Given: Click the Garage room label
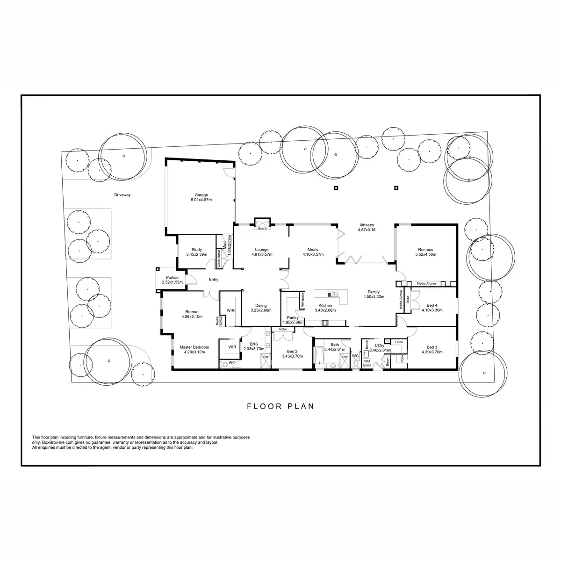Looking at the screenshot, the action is (x=201, y=197).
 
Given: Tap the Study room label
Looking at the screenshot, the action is (x=196, y=252).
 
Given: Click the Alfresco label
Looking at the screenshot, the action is (x=367, y=227).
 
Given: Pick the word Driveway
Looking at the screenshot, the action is (x=122, y=195).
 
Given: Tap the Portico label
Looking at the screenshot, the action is (x=172, y=280).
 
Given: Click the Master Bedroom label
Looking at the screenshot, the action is (x=194, y=350).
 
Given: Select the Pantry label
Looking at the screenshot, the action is (x=293, y=320).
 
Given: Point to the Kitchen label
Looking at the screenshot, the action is (x=325, y=308).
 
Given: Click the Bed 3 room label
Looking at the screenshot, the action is (x=432, y=350).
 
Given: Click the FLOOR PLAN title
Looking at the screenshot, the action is (x=280, y=406).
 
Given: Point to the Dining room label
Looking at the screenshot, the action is (x=261, y=308).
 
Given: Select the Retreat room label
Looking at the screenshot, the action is (x=192, y=314).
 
